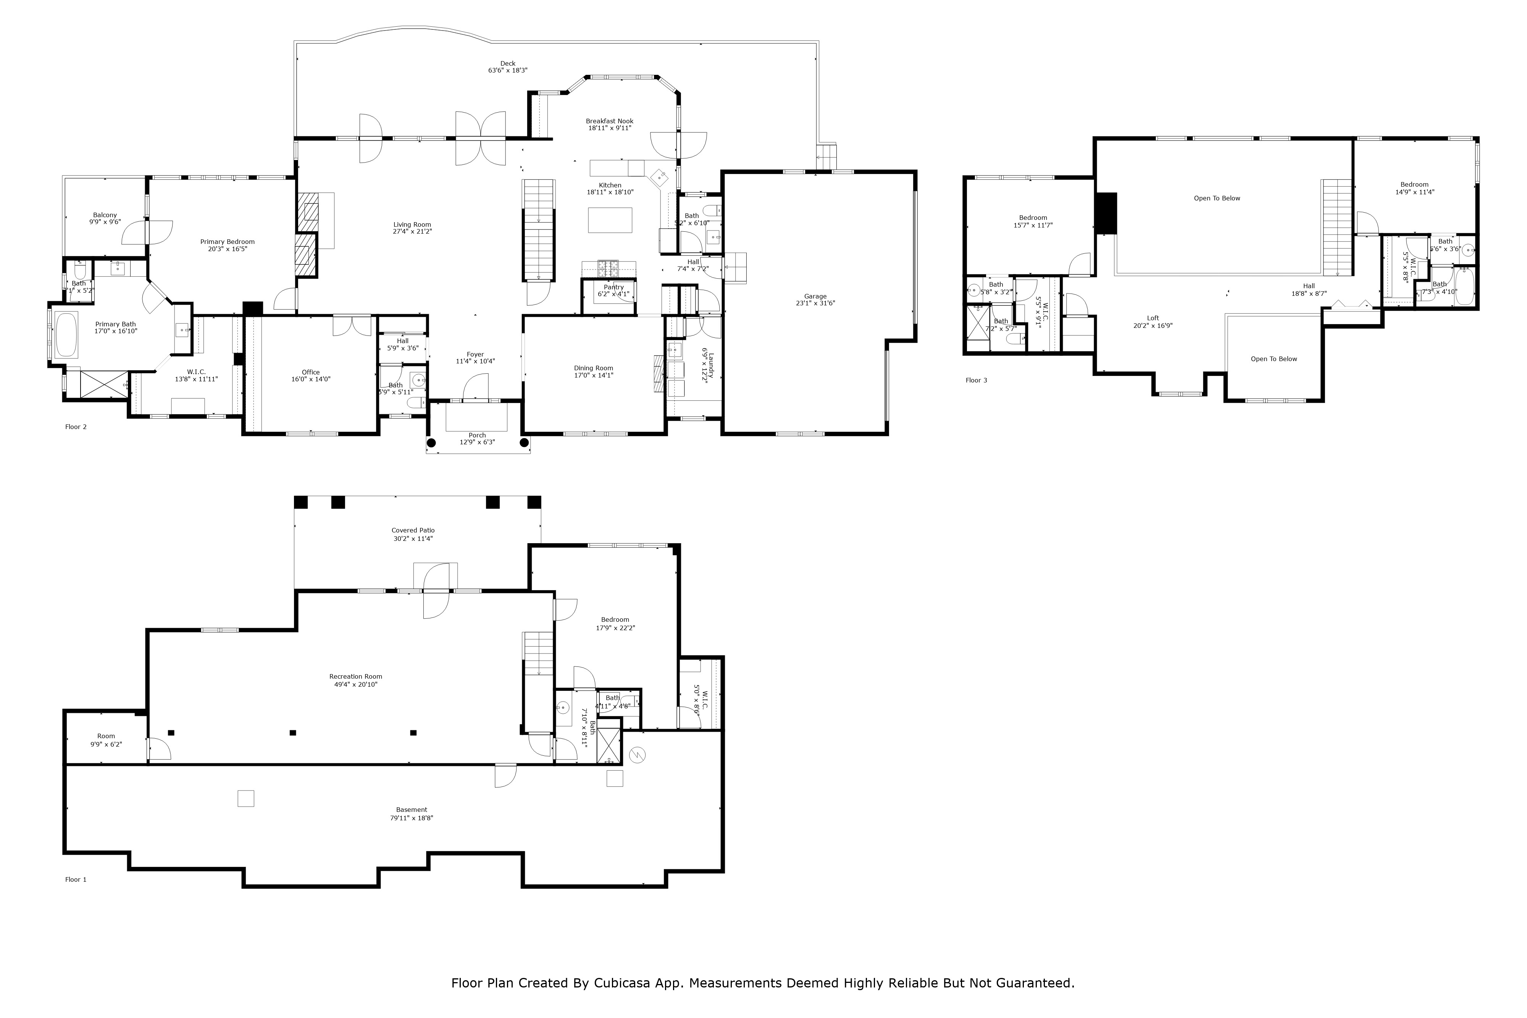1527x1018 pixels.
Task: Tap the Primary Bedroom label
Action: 227,242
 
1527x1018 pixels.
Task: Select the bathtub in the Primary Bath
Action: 66,335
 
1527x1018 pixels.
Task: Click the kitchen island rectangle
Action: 610,220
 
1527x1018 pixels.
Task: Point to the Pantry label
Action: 613,287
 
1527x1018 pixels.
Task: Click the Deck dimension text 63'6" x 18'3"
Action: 508,71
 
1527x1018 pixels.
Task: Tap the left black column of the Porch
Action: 431,444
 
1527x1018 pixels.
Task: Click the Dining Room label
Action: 593,368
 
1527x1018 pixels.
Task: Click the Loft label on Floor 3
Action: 1153,318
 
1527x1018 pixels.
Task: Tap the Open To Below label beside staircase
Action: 1217,198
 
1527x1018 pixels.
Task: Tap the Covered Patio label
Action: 413,531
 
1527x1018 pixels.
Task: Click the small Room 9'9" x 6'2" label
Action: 106,736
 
